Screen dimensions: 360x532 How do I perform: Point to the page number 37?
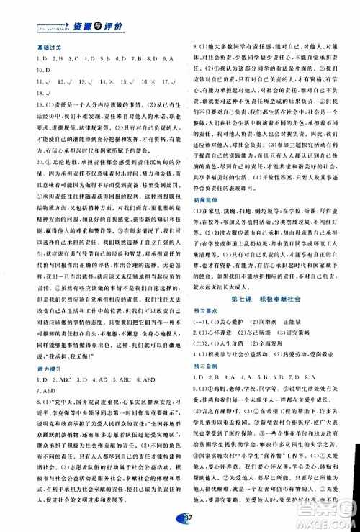(x=180, y=521)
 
